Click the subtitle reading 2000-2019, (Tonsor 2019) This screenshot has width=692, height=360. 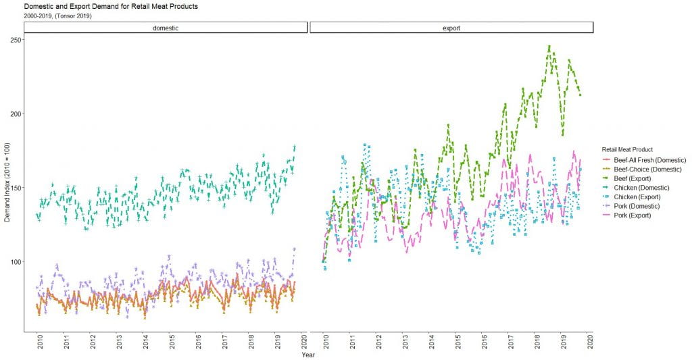tap(57, 16)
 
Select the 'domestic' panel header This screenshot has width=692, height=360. tap(166, 28)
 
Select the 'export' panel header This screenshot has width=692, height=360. tap(451, 28)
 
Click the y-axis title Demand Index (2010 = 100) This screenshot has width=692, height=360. tap(7, 182)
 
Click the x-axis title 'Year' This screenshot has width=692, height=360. tap(308, 355)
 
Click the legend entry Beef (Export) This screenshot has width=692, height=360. tap(639, 178)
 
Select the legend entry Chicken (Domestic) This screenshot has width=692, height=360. tap(645, 187)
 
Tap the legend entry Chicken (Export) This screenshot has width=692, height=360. tap(642, 197)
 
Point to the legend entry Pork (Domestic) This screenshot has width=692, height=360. tap(643, 205)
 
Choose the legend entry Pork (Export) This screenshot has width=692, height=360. tap(639, 215)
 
